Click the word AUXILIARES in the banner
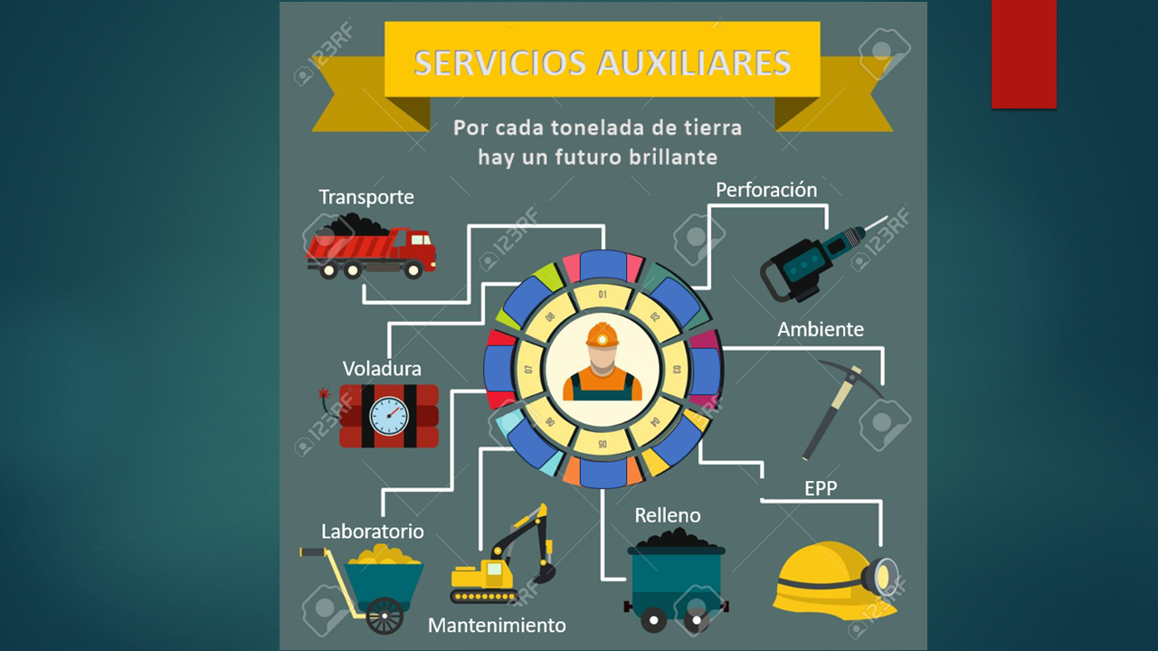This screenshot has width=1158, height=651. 694,63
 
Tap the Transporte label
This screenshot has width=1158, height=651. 366,197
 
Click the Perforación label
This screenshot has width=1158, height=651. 766,190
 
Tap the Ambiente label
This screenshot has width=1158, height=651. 821,329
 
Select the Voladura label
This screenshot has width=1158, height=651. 382,369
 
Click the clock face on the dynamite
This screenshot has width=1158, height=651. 389,416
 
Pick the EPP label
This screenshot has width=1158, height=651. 821,488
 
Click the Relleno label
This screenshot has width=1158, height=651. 668,515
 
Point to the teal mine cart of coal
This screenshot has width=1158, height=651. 676,580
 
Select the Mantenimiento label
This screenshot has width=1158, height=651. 497,626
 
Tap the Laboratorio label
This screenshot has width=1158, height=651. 372,532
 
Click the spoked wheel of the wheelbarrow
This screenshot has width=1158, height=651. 384,616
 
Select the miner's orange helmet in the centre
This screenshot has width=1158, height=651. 603,335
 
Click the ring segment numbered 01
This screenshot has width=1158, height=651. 603,295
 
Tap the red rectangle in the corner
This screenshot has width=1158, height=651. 1023,54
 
